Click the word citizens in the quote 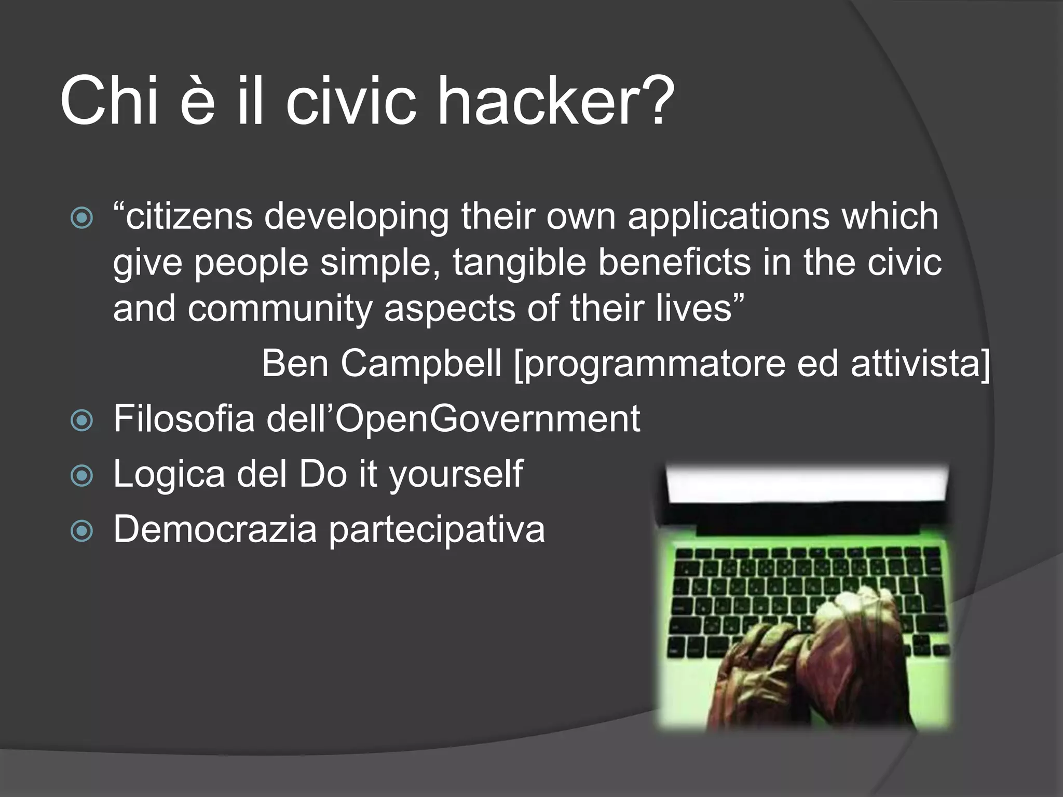tap(189, 216)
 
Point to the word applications tap(728, 217)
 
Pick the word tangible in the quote tap(520, 263)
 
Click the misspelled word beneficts tap(674, 263)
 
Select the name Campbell tap(421, 363)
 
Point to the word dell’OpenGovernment tap(453, 419)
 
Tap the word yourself tap(456, 475)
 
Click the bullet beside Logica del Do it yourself tap(81, 475)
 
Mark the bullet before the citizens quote tap(81, 218)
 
